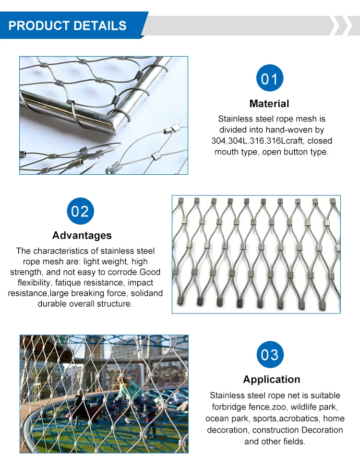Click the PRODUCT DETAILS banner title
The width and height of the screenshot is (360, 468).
[x=68, y=25]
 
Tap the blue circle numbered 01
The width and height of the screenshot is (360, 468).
[x=269, y=78]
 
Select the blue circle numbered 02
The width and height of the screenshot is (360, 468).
[x=80, y=211]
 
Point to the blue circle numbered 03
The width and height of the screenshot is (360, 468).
[x=269, y=355]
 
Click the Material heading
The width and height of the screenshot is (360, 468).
[x=269, y=104]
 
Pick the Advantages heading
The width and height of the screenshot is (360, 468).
[x=82, y=235]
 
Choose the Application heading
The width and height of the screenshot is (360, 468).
[x=271, y=379]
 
